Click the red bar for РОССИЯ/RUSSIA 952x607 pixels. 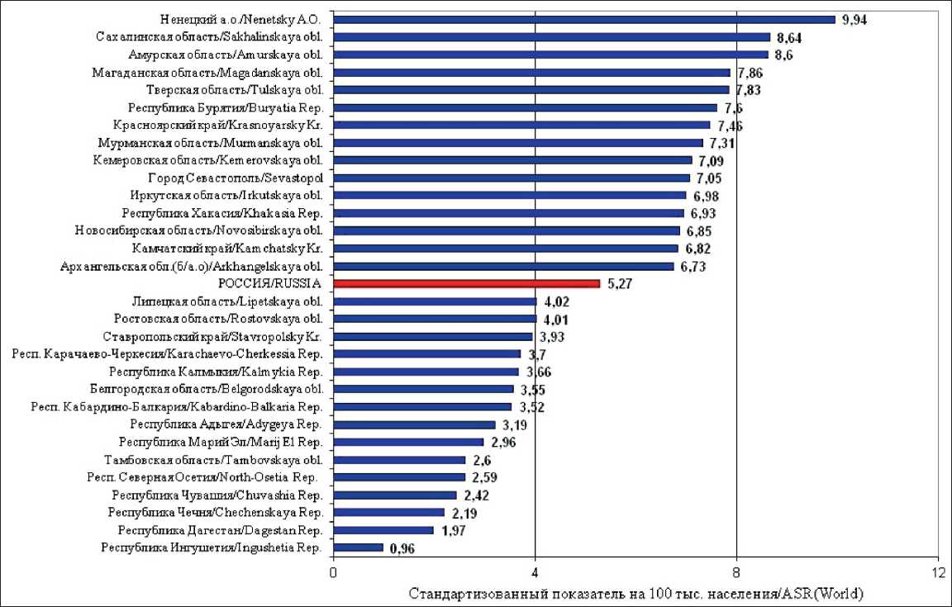point(467,283)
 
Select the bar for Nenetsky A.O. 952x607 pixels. point(584,19)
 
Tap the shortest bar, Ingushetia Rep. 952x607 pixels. point(359,548)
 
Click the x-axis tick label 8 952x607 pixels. point(736,573)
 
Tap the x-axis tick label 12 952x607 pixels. point(938,573)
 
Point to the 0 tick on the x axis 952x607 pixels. point(334,573)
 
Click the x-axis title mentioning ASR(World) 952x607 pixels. point(636,593)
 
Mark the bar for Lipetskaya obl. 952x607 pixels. point(435,301)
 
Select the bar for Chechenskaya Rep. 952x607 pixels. point(389,512)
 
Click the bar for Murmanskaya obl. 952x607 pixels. point(518,143)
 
